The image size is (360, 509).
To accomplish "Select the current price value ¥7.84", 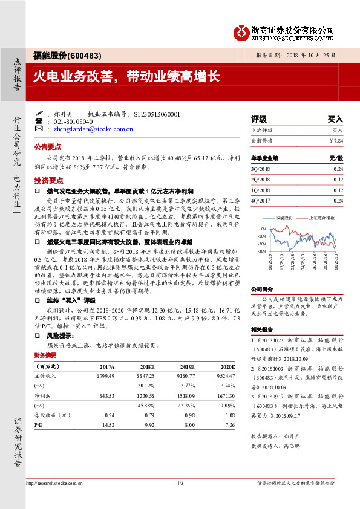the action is pos(335,140).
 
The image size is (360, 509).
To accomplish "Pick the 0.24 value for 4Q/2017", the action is pos(338,200).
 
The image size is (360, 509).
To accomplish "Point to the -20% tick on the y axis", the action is pos(262,244).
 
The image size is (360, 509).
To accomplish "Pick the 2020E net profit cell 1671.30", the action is pos(224,396).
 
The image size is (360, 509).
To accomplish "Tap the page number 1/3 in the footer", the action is pos(180,483).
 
